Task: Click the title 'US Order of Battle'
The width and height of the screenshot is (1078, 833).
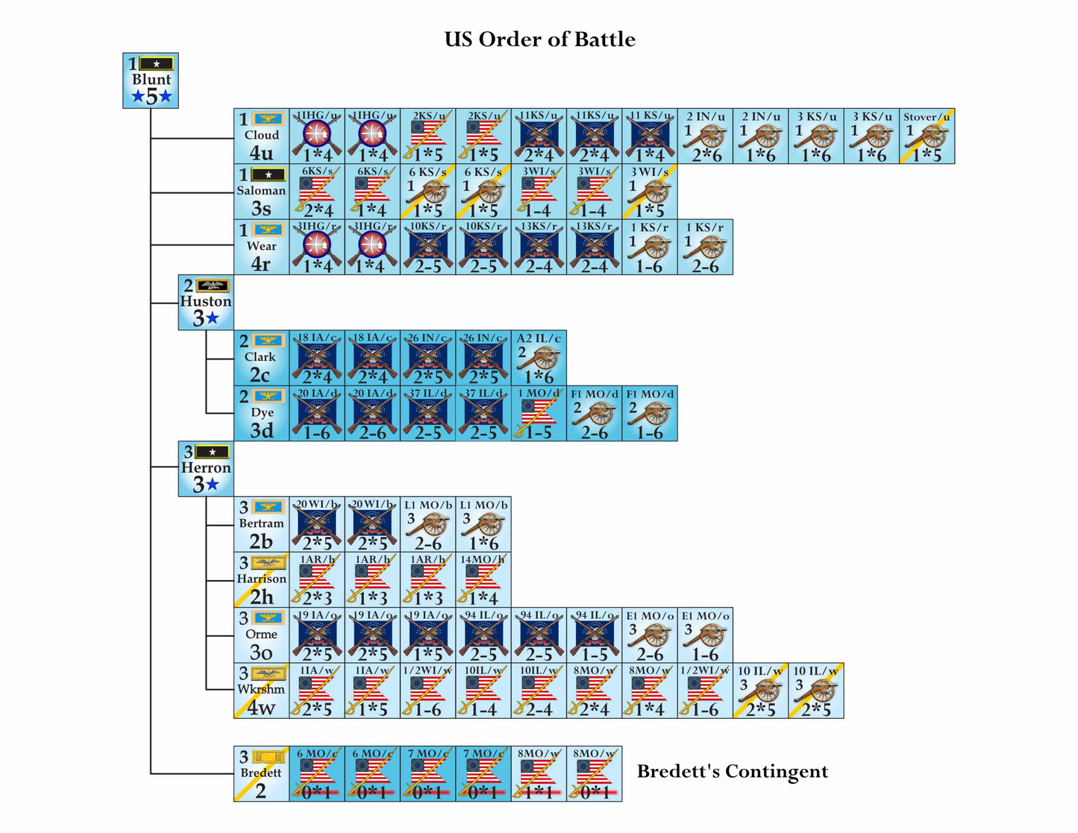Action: pos(539,40)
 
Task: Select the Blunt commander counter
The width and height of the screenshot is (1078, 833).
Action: pos(151,81)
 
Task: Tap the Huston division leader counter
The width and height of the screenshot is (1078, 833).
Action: pos(206,302)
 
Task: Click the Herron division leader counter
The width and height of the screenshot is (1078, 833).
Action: pos(206,468)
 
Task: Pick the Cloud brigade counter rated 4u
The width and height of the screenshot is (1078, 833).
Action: pos(261,136)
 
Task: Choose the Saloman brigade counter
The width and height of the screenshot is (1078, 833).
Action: pos(261,192)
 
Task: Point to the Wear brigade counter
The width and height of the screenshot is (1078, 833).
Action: pos(261,247)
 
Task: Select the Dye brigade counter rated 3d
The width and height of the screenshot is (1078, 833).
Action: pos(261,413)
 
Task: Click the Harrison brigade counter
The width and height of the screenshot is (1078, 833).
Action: pos(261,579)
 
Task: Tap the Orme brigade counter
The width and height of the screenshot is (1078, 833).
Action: pos(261,635)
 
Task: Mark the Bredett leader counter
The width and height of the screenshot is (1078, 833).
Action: pos(261,774)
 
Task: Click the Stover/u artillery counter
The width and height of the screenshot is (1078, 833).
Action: pos(927,136)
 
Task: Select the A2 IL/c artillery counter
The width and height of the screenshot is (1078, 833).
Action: pos(539,358)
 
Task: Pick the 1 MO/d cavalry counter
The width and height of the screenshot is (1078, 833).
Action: pos(539,413)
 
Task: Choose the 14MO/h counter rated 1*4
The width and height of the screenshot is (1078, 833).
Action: pos(483,579)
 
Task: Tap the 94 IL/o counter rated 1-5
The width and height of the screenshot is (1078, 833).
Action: pos(595,635)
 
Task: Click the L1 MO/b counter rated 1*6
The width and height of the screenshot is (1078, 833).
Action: pos(483,524)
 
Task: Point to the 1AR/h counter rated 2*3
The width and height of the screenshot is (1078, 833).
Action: pos(317,579)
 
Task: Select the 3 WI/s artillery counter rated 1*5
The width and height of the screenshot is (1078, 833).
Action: pos(650,192)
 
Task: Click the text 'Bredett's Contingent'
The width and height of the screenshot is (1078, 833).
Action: pos(732,772)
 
